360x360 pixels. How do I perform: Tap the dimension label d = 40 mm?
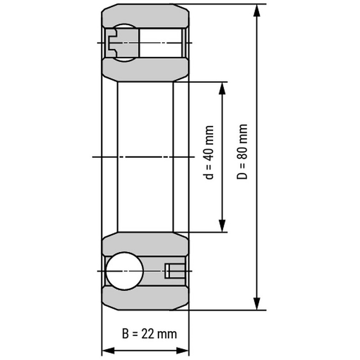(209, 153)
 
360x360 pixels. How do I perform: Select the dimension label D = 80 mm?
(242, 152)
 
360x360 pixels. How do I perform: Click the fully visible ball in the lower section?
(124, 271)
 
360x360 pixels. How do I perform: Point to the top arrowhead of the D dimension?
(256, 10)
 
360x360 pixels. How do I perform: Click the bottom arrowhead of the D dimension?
(256, 303)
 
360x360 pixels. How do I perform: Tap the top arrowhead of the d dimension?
(222, 88)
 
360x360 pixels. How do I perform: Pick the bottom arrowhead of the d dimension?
(222, 226)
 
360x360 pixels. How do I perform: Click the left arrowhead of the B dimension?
(108, 351)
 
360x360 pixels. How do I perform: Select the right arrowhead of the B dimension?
(182, 351)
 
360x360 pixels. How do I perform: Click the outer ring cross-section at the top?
(145, 16)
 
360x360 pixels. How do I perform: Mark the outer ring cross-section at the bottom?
(145, 298)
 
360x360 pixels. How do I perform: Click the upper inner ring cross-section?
(145, 70)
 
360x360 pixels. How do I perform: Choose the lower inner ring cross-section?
(145, 244)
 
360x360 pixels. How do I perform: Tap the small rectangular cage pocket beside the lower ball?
(175, 271)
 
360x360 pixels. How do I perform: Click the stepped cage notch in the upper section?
(112, 43)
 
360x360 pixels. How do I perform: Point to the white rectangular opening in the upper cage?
(161, 43)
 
